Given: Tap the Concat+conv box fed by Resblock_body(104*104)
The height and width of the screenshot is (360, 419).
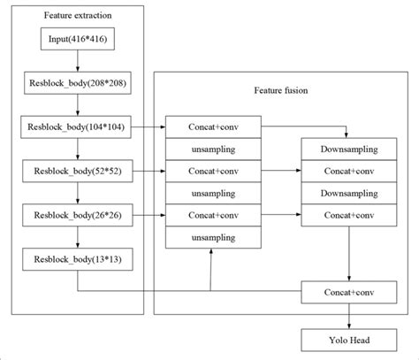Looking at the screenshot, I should [x=213, y=127].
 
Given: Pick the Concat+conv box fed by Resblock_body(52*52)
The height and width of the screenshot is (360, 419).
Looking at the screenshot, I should [x=213, y=170].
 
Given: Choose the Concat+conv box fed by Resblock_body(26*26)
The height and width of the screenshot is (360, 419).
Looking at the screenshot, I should [x=213, y=214].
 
